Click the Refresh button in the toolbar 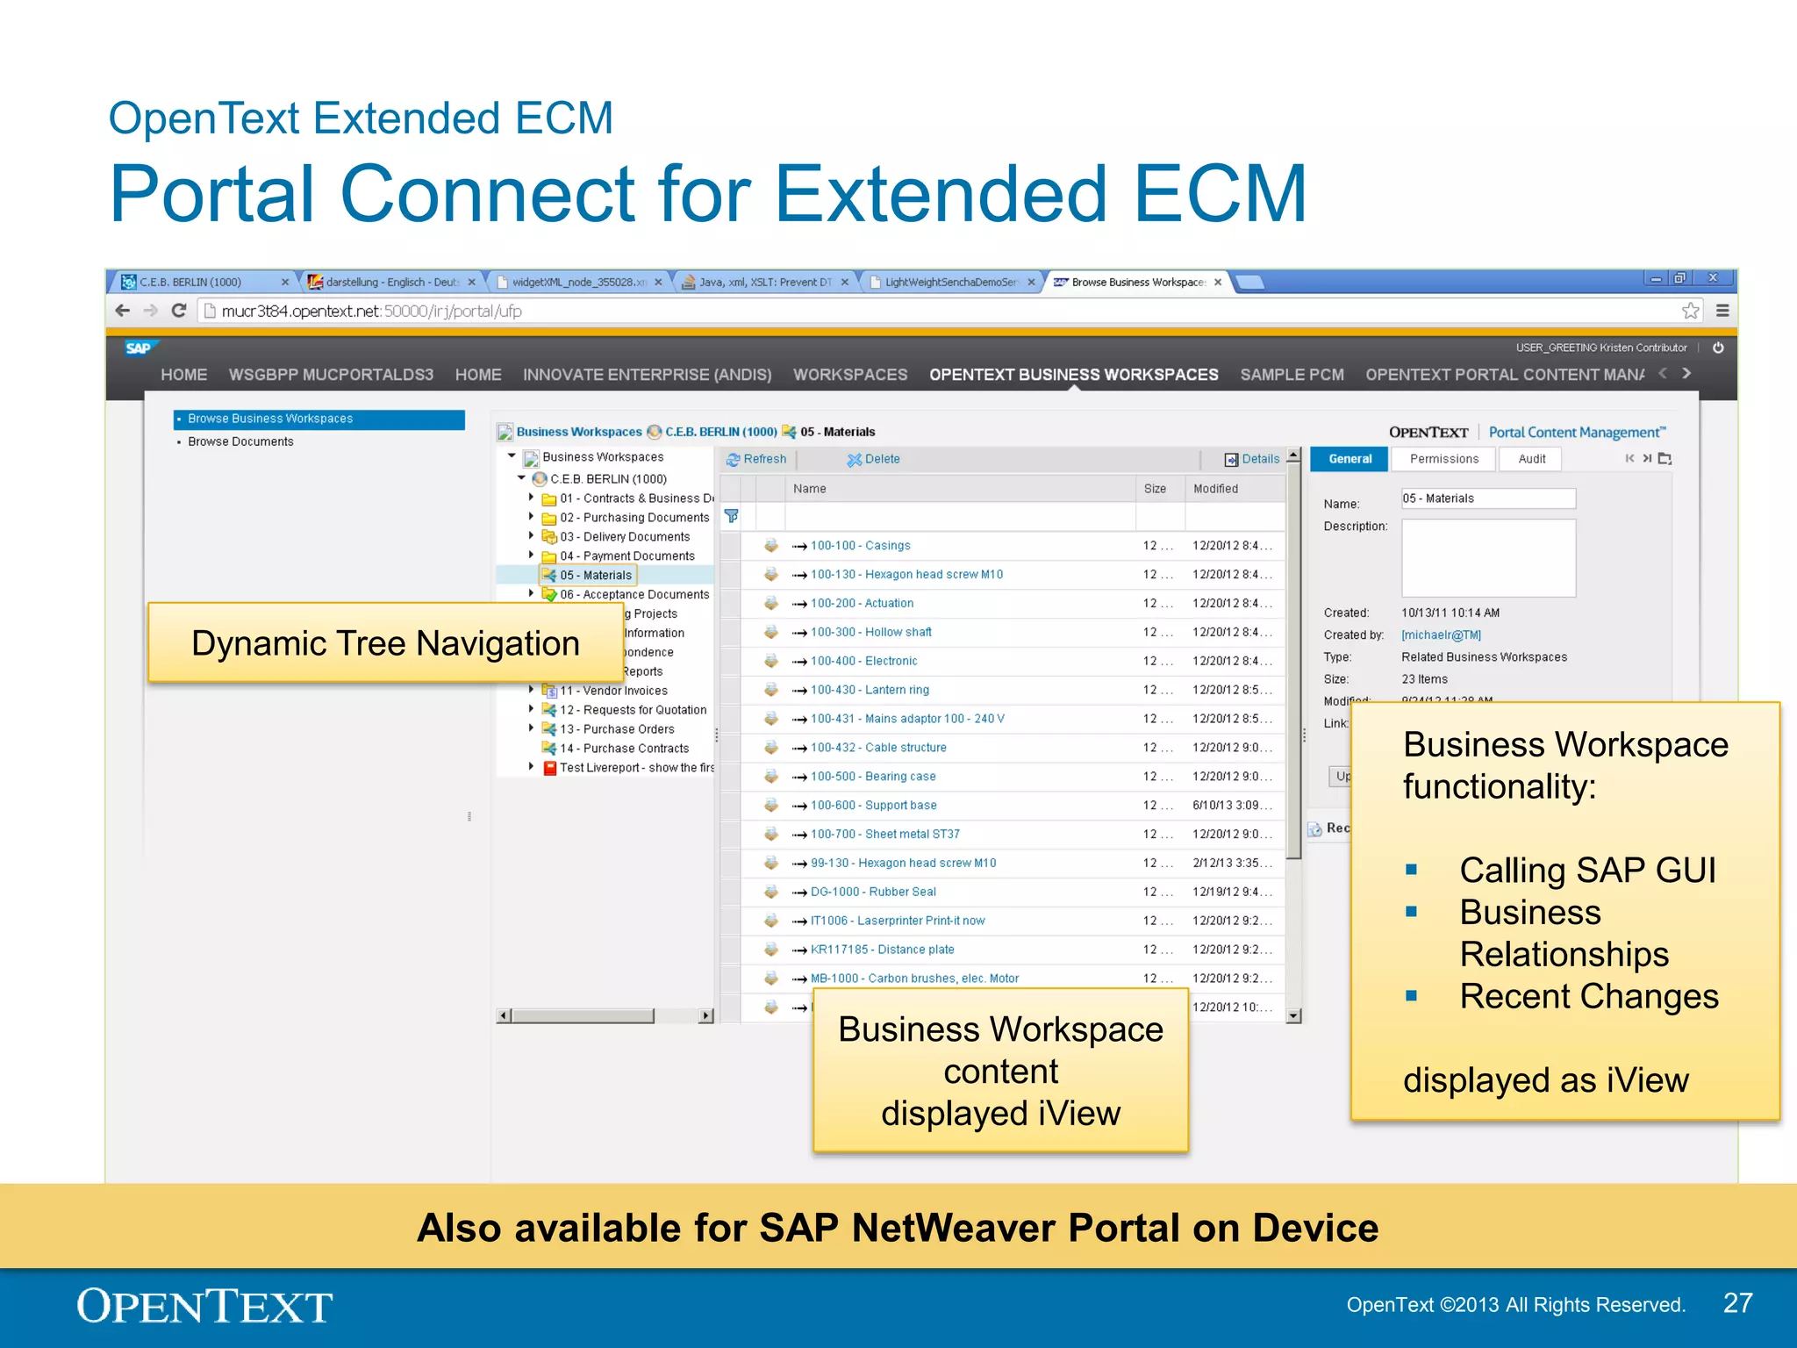[x=756, y=459]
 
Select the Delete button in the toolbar [x=874, y=459]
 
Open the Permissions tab [x=1443, y=459]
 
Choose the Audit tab [x=1531, y=459]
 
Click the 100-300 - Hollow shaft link [x=870, y=632]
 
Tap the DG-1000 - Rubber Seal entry [x=872, y=892]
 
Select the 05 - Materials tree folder [x=595, y=576]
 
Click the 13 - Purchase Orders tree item [x=616, y=729]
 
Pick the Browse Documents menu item [x=240, y=441]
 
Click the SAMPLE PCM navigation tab [x=1292, y=375]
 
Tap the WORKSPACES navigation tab [x=850, y=375]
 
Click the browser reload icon [x=179, y=311]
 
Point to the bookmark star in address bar [x=1690, y=311]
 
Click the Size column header [x=1155, y=489]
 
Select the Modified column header [x=1215, y=489]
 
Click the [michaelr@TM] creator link [x=1441, y=635]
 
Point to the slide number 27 [x=1737, y=1303]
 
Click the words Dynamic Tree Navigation [x=385, y=643]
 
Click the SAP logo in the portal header [x=139, y=348]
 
